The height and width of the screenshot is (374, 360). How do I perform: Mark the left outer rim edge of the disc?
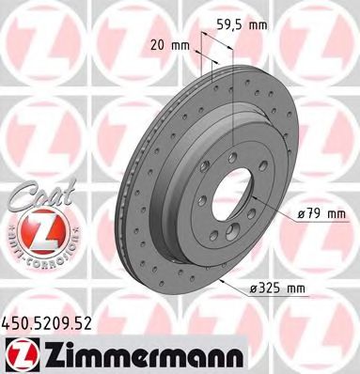point(117,188)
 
